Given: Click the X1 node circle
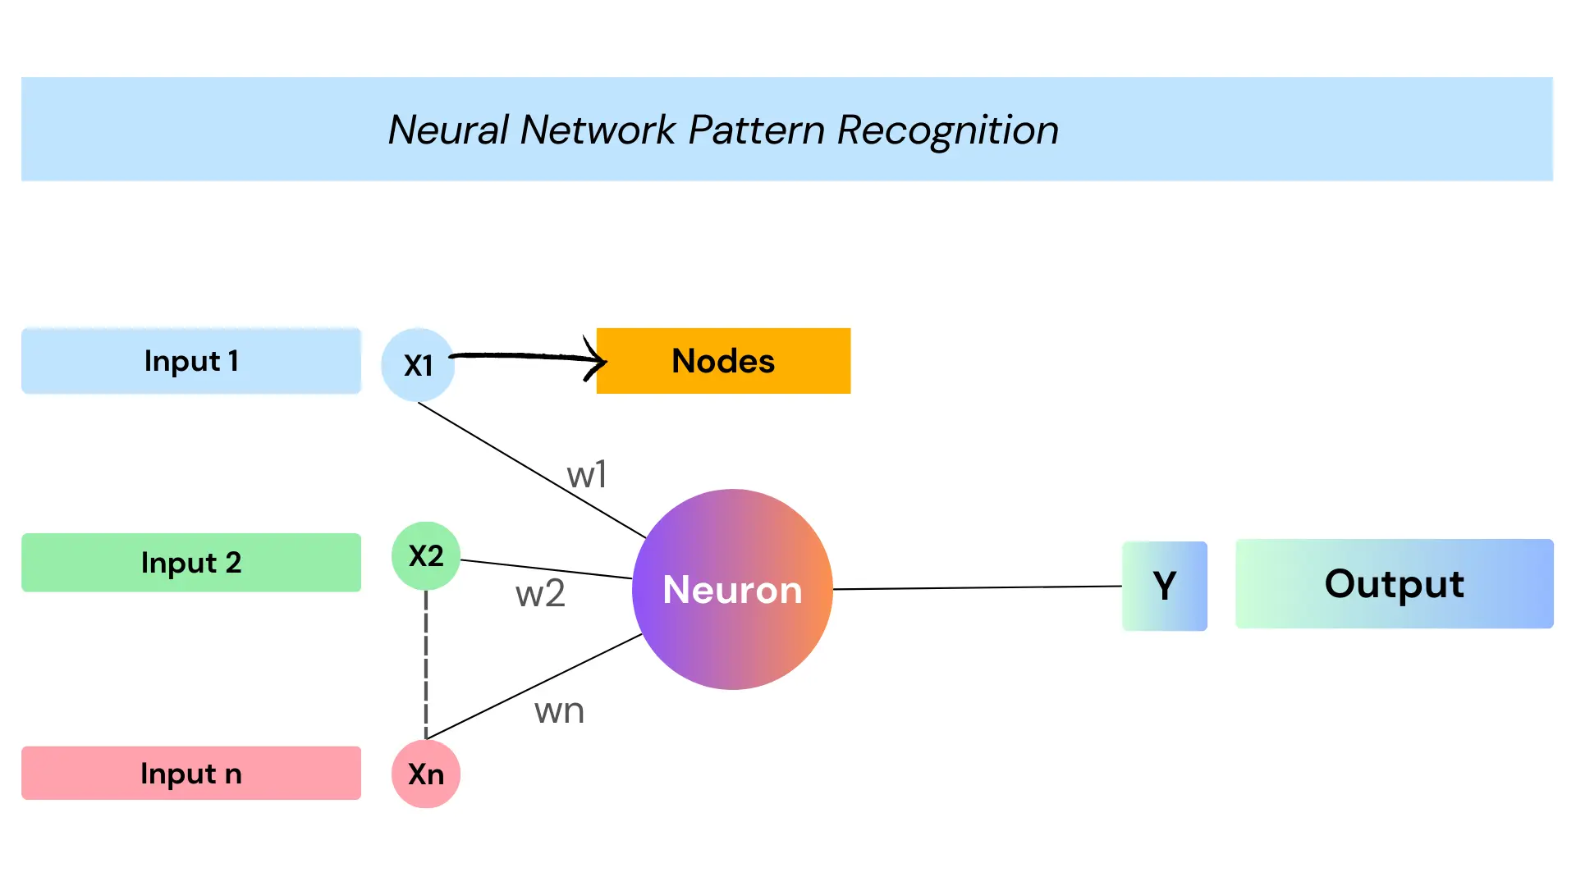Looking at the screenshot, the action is [x=418, y=365].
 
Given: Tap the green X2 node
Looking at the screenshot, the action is [x=426, y=556].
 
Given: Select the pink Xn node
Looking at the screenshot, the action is [x=426, y=774].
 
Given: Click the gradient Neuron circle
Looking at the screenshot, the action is [x=732, y=589].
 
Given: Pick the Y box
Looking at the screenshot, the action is [x=1165, y=586].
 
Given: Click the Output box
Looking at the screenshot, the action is [x=1395, y=584].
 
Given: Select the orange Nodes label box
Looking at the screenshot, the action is [x=723, y=361].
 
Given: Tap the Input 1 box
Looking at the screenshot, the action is [x=191, y=361].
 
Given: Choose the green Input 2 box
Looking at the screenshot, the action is [x=191, y=563].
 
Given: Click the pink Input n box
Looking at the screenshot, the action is [x=191, y=773].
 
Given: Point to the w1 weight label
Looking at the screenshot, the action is [x=587, y=474].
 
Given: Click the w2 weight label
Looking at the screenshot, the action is [x=540, y=593].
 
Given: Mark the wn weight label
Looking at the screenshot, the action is [x=559, y=710].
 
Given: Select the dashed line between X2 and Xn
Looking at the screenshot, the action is [x=426, y=664].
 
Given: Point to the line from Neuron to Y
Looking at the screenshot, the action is [x=978, y=587].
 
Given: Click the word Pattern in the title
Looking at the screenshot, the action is [x=756, y=130].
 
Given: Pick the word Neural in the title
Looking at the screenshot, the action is [x=449, y=130].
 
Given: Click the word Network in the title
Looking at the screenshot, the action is [x=598, y=130].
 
